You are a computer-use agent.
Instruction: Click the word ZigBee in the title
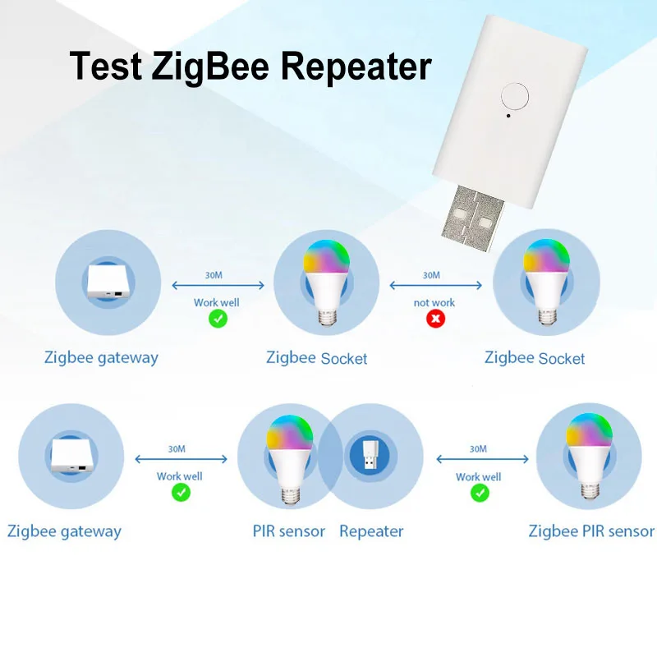coord(210,67)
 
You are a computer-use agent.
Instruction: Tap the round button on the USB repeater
coord(515,96)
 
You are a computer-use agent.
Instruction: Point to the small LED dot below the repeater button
coord(508,116)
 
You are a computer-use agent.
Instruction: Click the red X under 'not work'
coord(436,319)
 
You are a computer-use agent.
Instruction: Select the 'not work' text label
coord(434,302)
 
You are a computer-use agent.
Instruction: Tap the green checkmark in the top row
coord(218,319)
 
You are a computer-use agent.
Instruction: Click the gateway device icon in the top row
coord(108,281)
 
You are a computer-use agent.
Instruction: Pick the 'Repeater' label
coord(371,531)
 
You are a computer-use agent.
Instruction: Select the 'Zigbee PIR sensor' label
coord(591,531)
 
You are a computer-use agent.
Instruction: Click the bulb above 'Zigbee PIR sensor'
coord(589,456)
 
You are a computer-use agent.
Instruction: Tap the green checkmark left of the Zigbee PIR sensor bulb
coord(480,493)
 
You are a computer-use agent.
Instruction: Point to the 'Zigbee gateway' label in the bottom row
coord(64,531)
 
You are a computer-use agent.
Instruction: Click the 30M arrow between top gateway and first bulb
coord(218,285)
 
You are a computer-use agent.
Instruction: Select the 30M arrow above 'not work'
coord(436,285)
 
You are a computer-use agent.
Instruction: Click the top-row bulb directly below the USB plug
coord(546,282)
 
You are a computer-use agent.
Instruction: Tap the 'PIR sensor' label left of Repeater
coord(289,531)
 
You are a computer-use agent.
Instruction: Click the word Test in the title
coord(106,67)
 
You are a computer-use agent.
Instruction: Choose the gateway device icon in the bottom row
coord(71,456)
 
